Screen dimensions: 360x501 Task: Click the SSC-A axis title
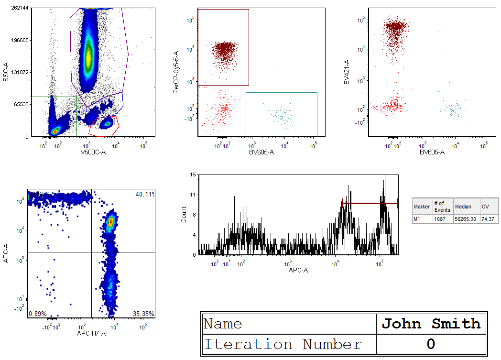(x=6, y=72)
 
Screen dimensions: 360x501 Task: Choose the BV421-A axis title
(x=347, y=72)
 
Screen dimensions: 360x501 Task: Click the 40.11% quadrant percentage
(x=145, y=194)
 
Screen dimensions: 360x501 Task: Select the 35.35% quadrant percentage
(x=144, y=314)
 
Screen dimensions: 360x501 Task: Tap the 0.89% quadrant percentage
(x=37, y=314)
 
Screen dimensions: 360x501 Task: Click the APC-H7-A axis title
(x=91, y=333)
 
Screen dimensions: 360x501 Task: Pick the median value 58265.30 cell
(x=467, y=218)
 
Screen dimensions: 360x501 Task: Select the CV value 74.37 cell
(x=488, y=218)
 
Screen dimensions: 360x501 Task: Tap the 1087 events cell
(x=440, y=218)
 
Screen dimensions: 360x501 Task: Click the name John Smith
(x=431, y=324)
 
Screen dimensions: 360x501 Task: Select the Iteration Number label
(x=283, y=344)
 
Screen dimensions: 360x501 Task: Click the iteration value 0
(x=431, y=344)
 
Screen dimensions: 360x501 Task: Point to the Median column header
(x=463, y=207)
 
